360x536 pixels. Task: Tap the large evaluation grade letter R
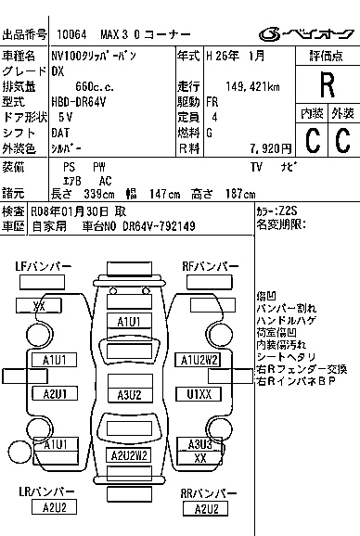point(327,85)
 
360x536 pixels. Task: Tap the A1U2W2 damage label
point(199,359)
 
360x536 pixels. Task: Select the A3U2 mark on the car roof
point(129,394)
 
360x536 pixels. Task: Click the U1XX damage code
point(199,394)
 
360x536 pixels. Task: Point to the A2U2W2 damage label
point(129,455)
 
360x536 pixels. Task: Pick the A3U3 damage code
point(199,444)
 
